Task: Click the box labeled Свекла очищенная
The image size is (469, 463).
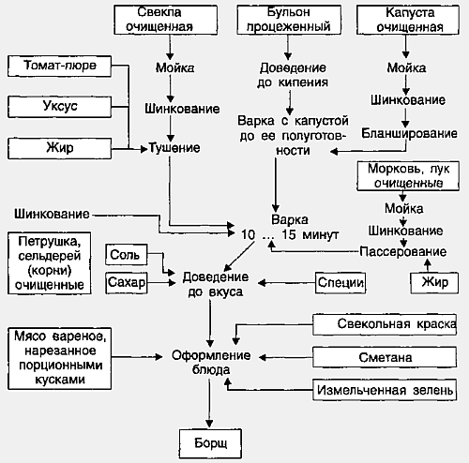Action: (x=165, y=20)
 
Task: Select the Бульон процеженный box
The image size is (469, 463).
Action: (x=289, y=20)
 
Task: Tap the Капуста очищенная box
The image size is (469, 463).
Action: (x=408, y=20)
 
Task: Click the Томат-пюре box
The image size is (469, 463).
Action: (x=59, y=66)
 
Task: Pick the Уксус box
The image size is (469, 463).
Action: (x=59, y=107)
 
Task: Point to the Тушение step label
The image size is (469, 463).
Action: (x=174, y=148)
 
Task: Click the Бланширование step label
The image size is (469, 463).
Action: (x=409, y=133)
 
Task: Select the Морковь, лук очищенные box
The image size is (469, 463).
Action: (x=408, y=176)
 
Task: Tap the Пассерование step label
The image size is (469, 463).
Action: (x=403, y=252)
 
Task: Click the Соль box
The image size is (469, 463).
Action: (x=127, y=255)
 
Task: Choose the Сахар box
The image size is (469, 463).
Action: (x=127, y=283)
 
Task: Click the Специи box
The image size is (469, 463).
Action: (x=340, y=283)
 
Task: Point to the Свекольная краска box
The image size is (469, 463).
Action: (x=385, y=324)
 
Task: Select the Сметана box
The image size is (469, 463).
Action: (x=385, y=357)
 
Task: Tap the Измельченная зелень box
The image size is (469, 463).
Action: (x=385, y=390)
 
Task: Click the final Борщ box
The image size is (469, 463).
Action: (x=210, y=443)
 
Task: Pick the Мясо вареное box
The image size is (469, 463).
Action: (x=59, y=358)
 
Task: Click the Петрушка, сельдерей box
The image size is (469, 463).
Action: (x=50, y=263)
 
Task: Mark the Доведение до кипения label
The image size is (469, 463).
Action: (x=293, y=75)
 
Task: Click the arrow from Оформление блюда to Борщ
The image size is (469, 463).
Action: (x=209, y=402)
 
